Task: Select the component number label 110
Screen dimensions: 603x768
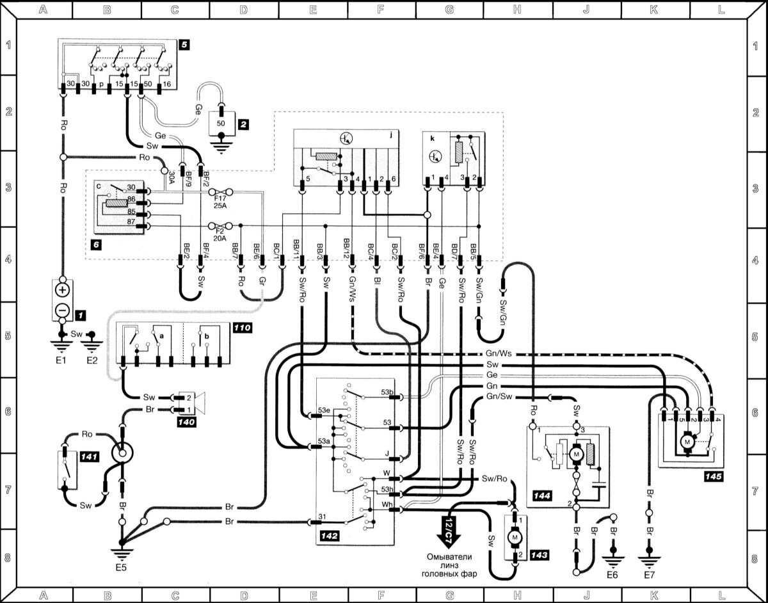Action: point(242,328)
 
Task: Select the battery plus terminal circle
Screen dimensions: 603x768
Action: point(62,289)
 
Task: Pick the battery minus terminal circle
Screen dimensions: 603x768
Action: point(62,310)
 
